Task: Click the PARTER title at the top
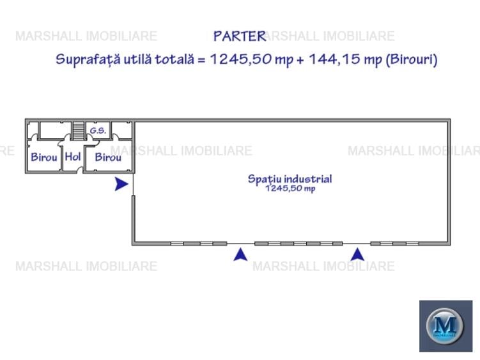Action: [240, 36]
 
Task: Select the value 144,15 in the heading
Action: [334, 59]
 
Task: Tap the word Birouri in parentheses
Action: [411, 59]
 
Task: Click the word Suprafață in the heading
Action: [88, 59]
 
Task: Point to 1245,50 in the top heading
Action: [240, 59]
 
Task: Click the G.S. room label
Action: [98, 130]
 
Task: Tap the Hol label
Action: [73, 157]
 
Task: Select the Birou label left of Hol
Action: [44, 157]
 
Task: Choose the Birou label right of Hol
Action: [108, 157]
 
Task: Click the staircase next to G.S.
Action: [79, 131]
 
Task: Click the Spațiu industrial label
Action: [290, 179]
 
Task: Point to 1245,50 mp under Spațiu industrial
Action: [290, 188]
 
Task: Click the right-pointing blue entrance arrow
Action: [121, 184]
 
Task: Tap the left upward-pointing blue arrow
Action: [240, 254]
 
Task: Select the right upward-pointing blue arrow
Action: [357, 254]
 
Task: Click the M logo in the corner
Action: [445, 326]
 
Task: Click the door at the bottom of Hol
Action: [80, 170]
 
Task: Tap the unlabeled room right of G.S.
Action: [122, 130]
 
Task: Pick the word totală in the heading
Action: [174, 59]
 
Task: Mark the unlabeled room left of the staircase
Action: [56, 130]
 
